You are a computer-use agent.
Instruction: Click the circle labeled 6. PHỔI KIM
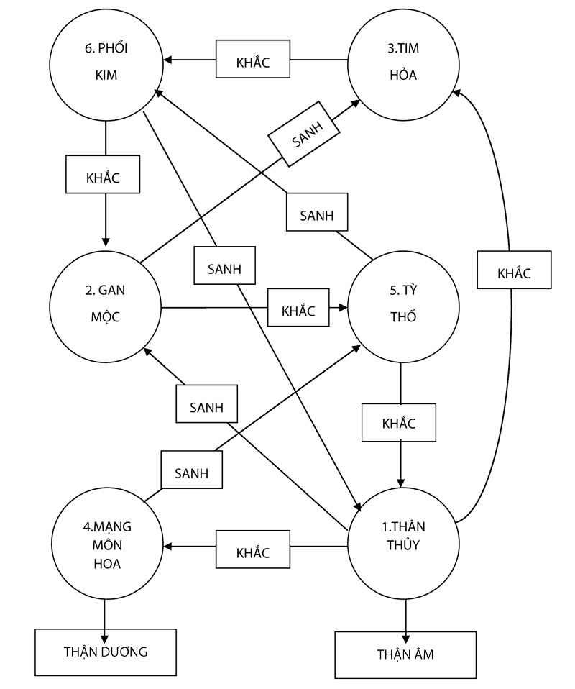tap(106, 64)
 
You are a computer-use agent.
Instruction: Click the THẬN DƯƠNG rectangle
tap(106, 653)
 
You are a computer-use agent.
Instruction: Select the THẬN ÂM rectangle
tap(405, 655)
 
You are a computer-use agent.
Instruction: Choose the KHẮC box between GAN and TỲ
tap(298, 310)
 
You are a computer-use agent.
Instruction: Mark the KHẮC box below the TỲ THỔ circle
tap(400, 422)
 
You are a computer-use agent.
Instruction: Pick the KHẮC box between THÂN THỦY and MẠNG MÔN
tap(253, 552)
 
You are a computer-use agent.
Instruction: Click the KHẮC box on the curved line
tap(514, 273)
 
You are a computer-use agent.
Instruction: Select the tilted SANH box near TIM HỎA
tap(305, 137)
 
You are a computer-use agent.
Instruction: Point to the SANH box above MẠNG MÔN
tap(191, 473)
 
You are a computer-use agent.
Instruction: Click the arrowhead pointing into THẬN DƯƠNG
tap(106, 636)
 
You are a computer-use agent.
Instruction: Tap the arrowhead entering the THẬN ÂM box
tap(405, 638)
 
